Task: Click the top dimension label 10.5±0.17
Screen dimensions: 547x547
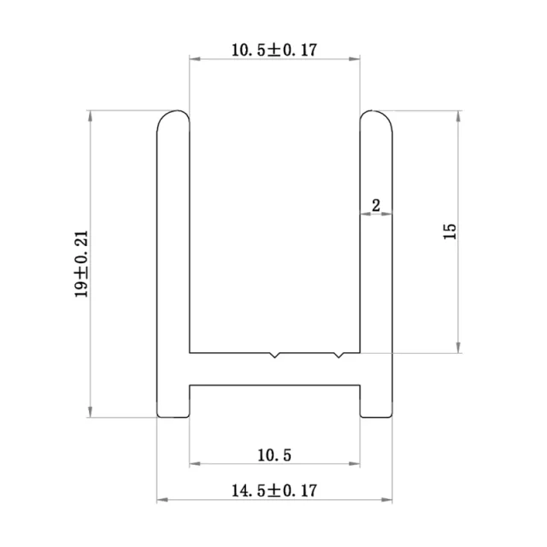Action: click(x=273, y=50)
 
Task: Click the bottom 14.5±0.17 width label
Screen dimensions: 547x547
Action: click(x=274, y=491)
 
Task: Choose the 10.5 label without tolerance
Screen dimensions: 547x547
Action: click(x=274, y=455)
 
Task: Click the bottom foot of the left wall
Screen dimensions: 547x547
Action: click(x=173, y=409)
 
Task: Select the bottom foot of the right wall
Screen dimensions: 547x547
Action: click(x=376, y=409)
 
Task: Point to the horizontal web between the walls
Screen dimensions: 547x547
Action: click(x=273, y=368)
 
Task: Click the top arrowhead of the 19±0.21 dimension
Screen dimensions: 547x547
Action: click(x=89, y=115)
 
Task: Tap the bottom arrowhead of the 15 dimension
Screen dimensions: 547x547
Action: click(x=461, y=346)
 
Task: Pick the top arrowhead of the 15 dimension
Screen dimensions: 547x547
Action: click(x=461, y=115)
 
